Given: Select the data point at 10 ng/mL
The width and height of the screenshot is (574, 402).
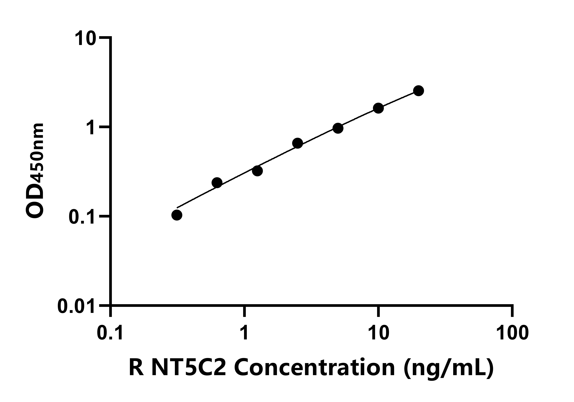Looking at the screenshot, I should click(379, 108).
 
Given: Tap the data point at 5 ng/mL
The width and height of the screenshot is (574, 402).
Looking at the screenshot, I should click(338, 128).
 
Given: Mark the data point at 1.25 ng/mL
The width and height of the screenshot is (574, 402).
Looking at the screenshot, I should click(257, 171).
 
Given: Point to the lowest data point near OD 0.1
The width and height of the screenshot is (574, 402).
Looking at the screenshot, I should click(177, 215).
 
